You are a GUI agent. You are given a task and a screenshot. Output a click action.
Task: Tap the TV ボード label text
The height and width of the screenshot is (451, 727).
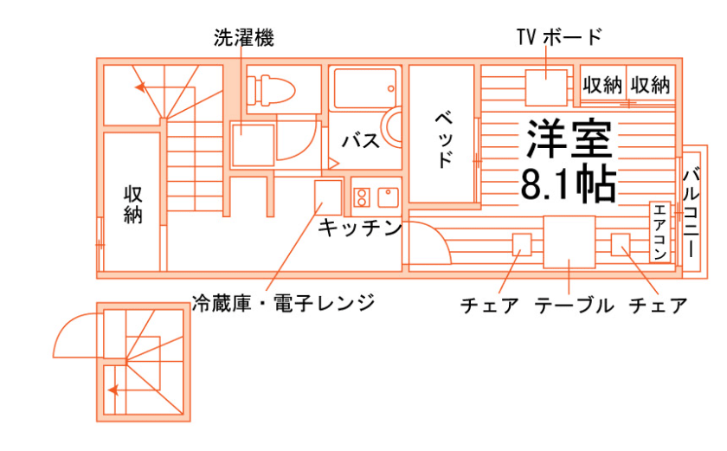point(558,36)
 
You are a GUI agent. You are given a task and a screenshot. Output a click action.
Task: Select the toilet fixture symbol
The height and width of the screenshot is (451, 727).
point(271,88)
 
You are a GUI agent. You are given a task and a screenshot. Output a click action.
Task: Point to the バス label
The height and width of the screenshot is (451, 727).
point(360,140)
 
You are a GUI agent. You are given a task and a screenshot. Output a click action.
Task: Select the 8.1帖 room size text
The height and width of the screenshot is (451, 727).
point(569,182)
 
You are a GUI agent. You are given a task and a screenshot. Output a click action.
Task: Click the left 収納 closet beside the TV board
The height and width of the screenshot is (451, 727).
point(602,85)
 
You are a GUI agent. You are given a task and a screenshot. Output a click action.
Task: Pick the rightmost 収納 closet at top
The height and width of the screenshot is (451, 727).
point(651,85)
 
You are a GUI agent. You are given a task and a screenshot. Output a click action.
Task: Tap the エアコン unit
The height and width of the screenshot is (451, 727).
point(660,231)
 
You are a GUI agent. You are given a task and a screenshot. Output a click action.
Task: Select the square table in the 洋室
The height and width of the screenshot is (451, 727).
point(569,241)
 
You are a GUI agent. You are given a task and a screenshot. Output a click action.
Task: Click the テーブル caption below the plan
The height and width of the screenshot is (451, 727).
point(574,305)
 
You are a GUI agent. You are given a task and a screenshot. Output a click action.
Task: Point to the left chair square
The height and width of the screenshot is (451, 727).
point(521,244)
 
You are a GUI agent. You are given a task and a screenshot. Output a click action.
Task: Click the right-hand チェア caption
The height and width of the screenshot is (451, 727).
point(658,305)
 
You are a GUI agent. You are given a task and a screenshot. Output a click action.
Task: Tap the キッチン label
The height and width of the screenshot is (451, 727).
point(359,228)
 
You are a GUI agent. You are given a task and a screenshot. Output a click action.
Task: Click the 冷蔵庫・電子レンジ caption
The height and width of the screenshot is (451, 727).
point(283,303)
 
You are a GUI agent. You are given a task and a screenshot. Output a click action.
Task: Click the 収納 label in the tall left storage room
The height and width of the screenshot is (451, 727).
point(132,204)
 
